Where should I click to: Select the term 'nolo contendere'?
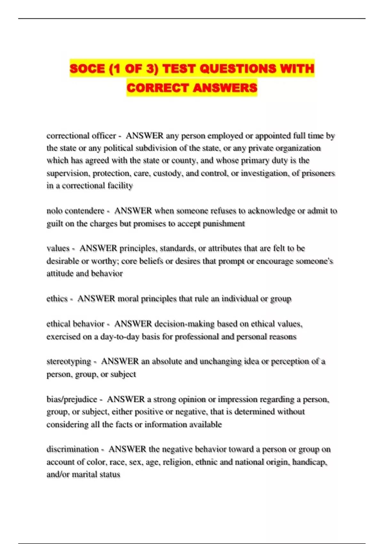point(75,211)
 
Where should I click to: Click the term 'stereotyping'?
point(69,362)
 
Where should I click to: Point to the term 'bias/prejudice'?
point(72,399)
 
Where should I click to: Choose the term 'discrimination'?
point(73,449)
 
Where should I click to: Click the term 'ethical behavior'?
point(76,324)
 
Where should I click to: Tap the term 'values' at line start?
point(58,248)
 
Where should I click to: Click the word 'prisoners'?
point(318,173)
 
